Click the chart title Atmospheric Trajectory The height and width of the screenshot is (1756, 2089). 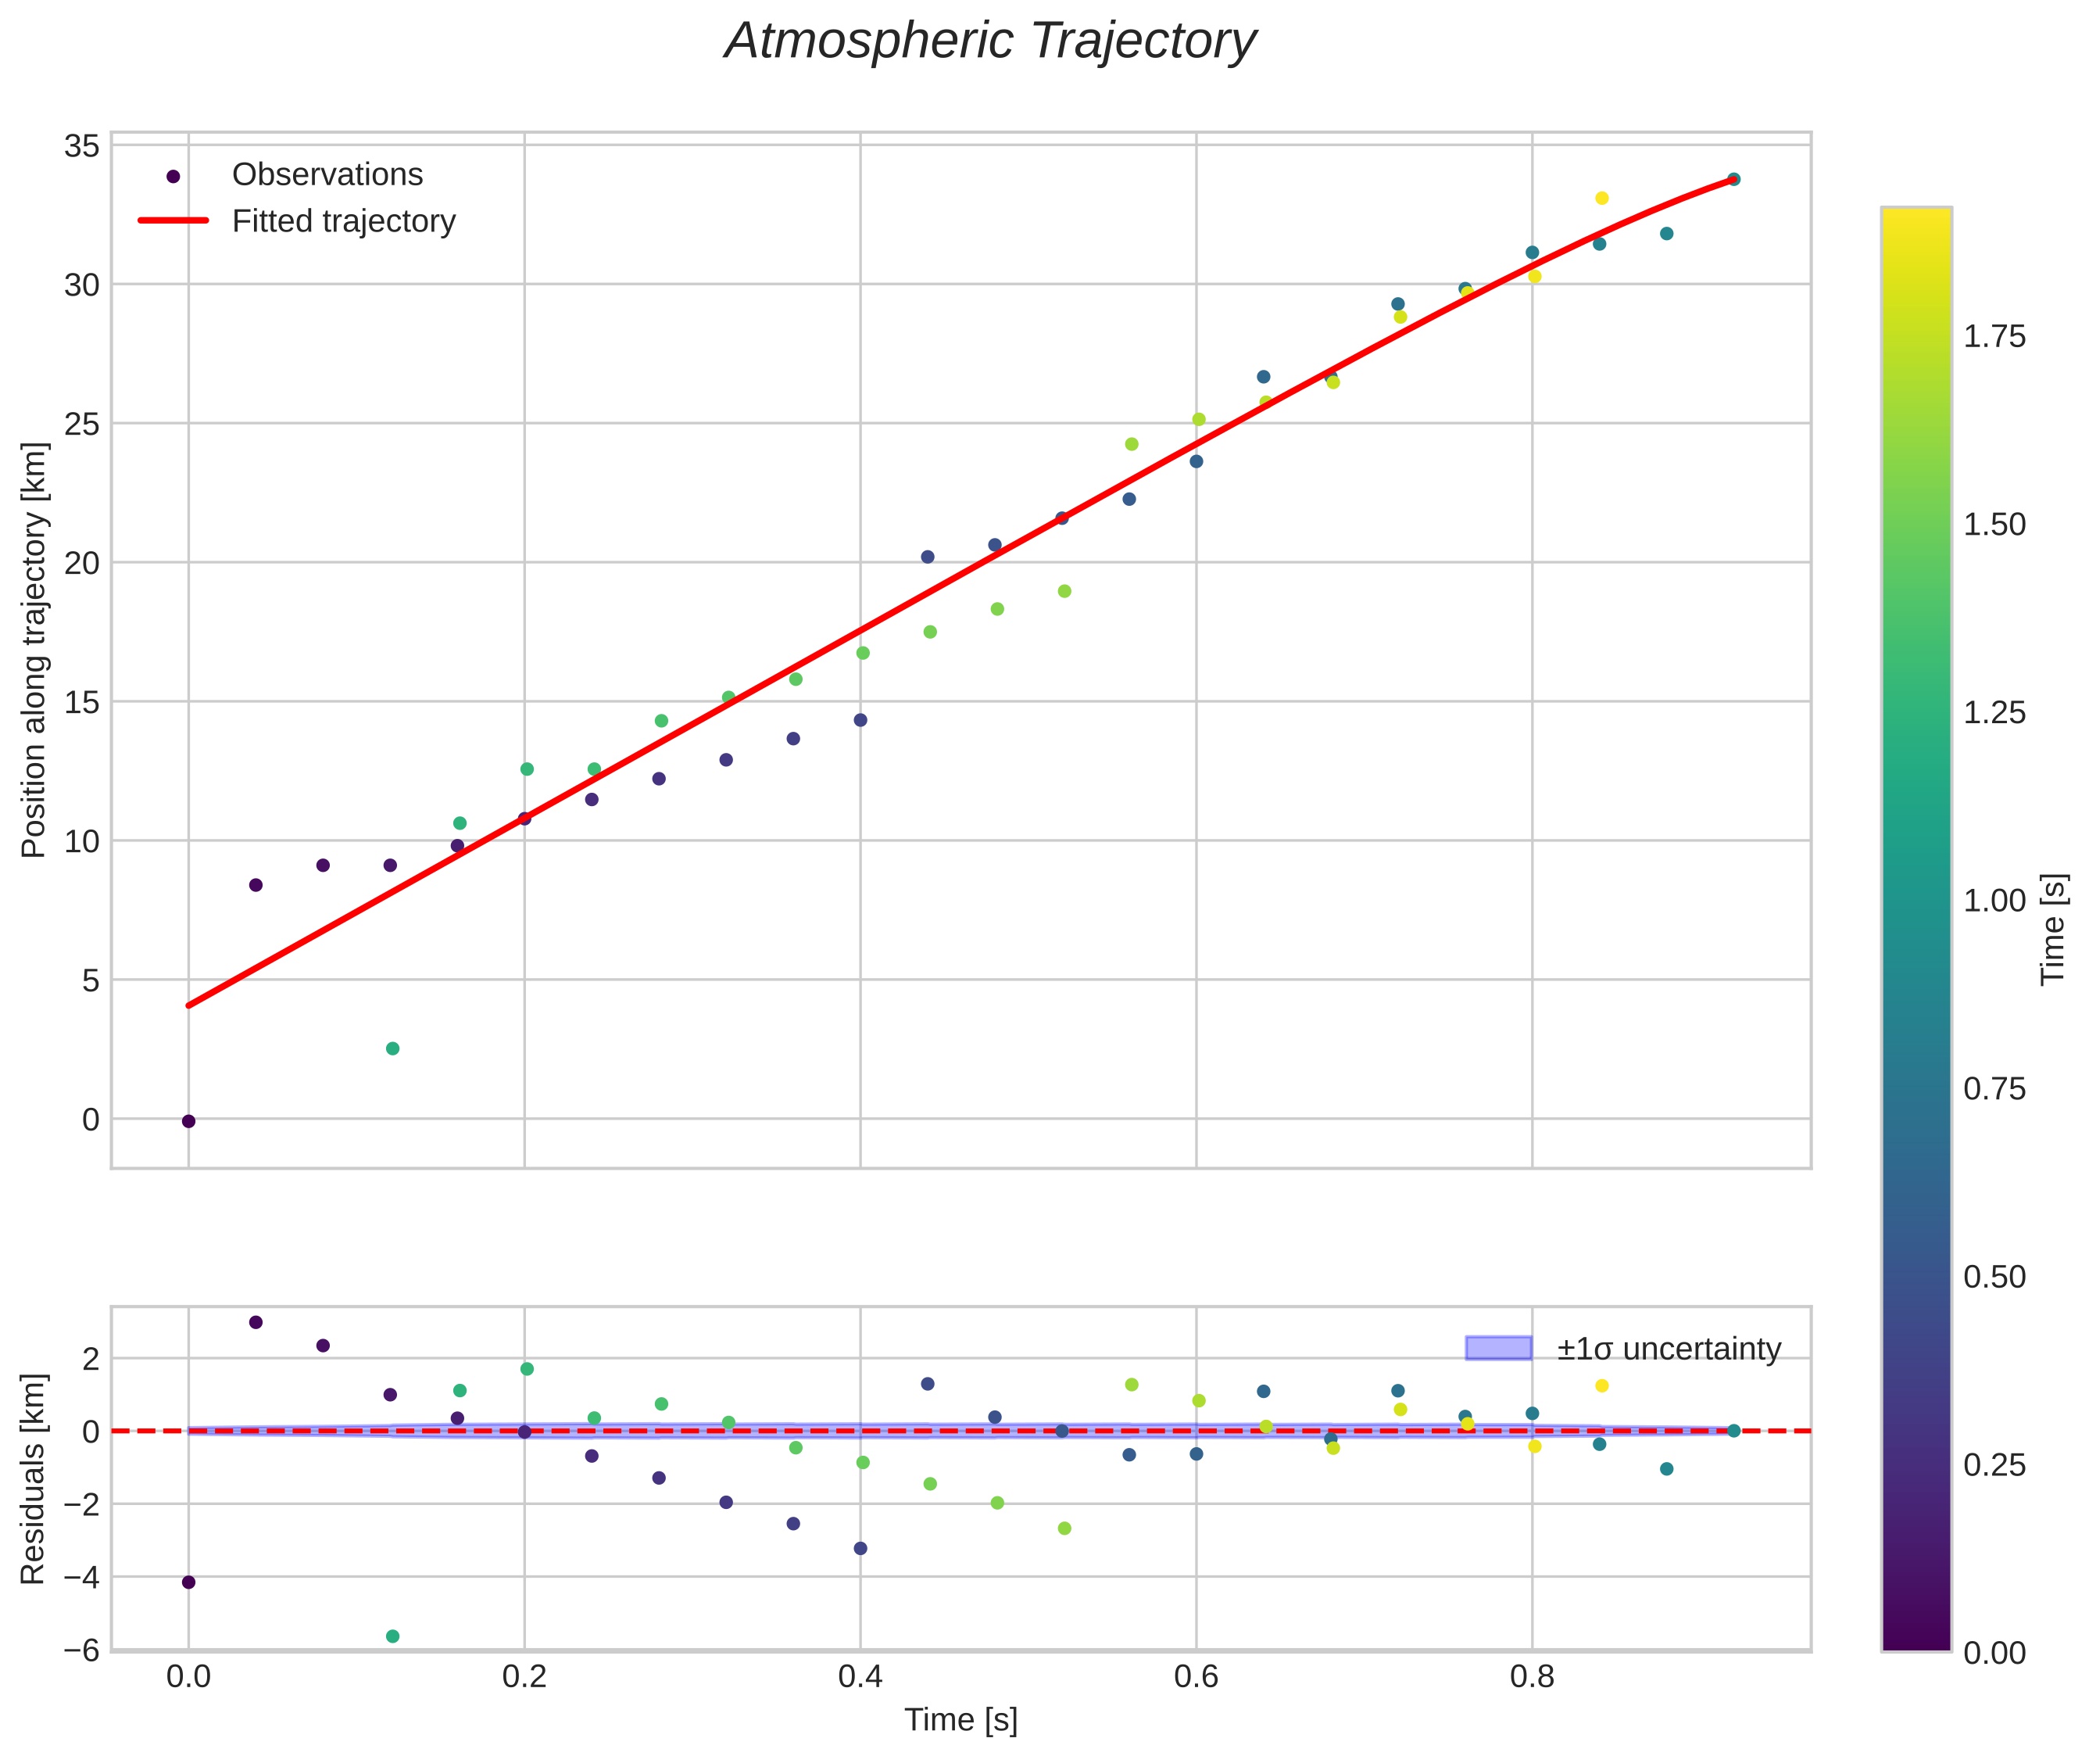990,41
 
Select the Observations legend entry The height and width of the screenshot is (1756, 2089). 295,175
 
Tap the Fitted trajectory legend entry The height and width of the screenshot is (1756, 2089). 295,221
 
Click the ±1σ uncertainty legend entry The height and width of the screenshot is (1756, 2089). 1623,1349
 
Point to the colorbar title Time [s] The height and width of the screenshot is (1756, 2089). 2054,929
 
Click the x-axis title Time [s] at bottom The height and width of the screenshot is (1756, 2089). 960,1720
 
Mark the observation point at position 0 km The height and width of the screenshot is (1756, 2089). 188,1121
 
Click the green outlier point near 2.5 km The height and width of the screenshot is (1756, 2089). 392,1048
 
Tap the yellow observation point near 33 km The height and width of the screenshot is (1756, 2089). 1601,198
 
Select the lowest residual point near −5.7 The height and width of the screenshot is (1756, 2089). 392,1636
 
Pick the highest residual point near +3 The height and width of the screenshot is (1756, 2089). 256,1322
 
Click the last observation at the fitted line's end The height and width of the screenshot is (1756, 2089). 1733,179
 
